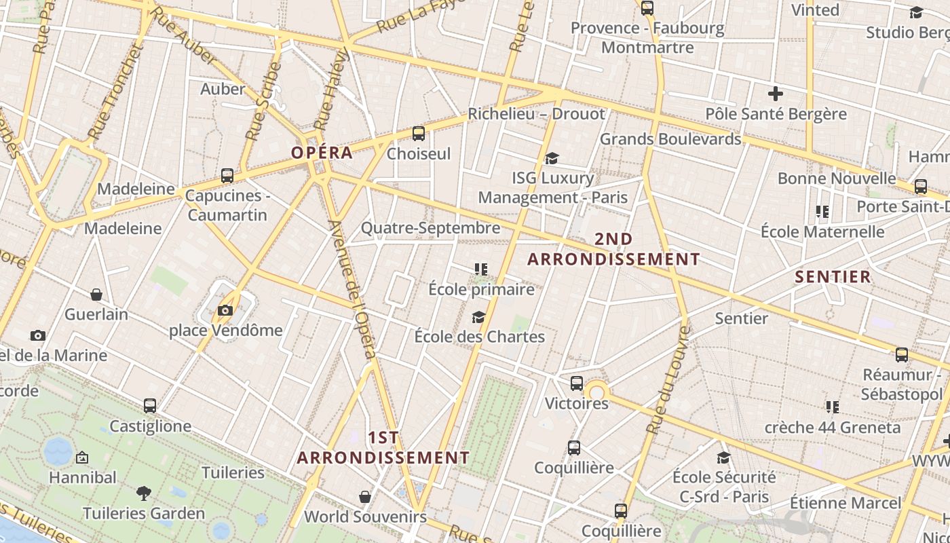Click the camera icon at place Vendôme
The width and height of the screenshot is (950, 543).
click(225, 311)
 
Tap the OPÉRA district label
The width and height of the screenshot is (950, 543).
click(322, 152)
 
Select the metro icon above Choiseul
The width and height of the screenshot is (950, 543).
click(419, 133)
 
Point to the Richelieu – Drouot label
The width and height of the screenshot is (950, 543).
click(536, 113)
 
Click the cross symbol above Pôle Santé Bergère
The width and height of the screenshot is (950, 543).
click(776, 94)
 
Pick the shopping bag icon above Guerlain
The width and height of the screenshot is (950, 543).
click(96, 295)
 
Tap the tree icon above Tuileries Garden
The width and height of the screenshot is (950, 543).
click(143, 493)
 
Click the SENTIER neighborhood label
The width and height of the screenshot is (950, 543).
click(833, 276)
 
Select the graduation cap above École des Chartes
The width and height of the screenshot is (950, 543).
click(479, 317)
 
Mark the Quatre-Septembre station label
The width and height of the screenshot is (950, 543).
click(430, 227)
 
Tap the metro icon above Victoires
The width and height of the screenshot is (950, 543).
click(577, 383)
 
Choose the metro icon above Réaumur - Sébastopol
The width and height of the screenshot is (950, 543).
click(902, 354)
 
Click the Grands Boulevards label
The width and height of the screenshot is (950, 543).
click(670, 139)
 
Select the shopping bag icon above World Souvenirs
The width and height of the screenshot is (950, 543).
click(365, 497)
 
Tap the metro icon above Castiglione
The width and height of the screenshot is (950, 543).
click(150, 406)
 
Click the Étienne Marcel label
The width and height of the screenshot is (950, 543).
click(845, 503)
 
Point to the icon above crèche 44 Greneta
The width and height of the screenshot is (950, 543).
click(833, 407)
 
